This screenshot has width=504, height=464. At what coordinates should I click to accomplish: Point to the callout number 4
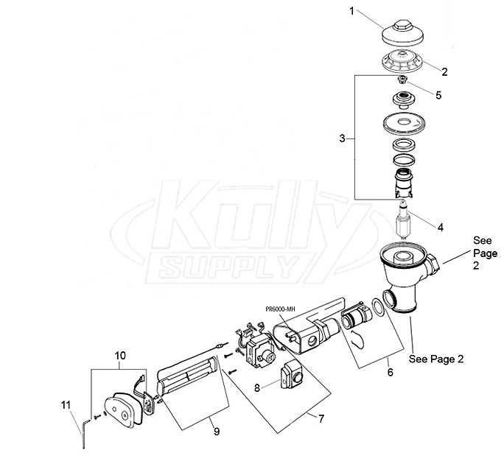tap(440, 228)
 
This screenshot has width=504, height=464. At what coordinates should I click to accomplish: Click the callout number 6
tap(390, 372)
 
